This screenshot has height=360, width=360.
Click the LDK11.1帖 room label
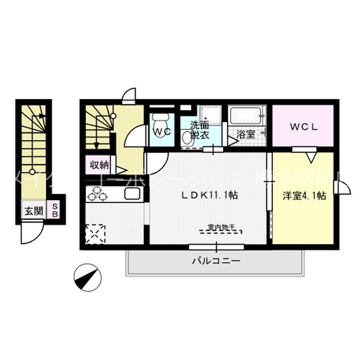click(x=208, y=196)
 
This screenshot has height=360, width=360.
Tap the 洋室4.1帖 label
click(x=304, y=196)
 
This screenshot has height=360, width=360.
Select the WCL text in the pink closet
click(x=304, y=127)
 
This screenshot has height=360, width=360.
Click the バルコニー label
click(x=216, y=261)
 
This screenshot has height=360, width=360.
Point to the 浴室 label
click(x=245, y=135)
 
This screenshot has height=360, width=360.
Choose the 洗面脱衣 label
click(x=200, y=130)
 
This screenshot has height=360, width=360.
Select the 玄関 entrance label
click(x=32, y=211)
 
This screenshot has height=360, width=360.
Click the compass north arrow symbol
click(x=87, y=276)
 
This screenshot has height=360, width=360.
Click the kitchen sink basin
click(x=132, y=195)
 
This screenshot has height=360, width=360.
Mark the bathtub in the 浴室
click(x=246, y=118)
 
